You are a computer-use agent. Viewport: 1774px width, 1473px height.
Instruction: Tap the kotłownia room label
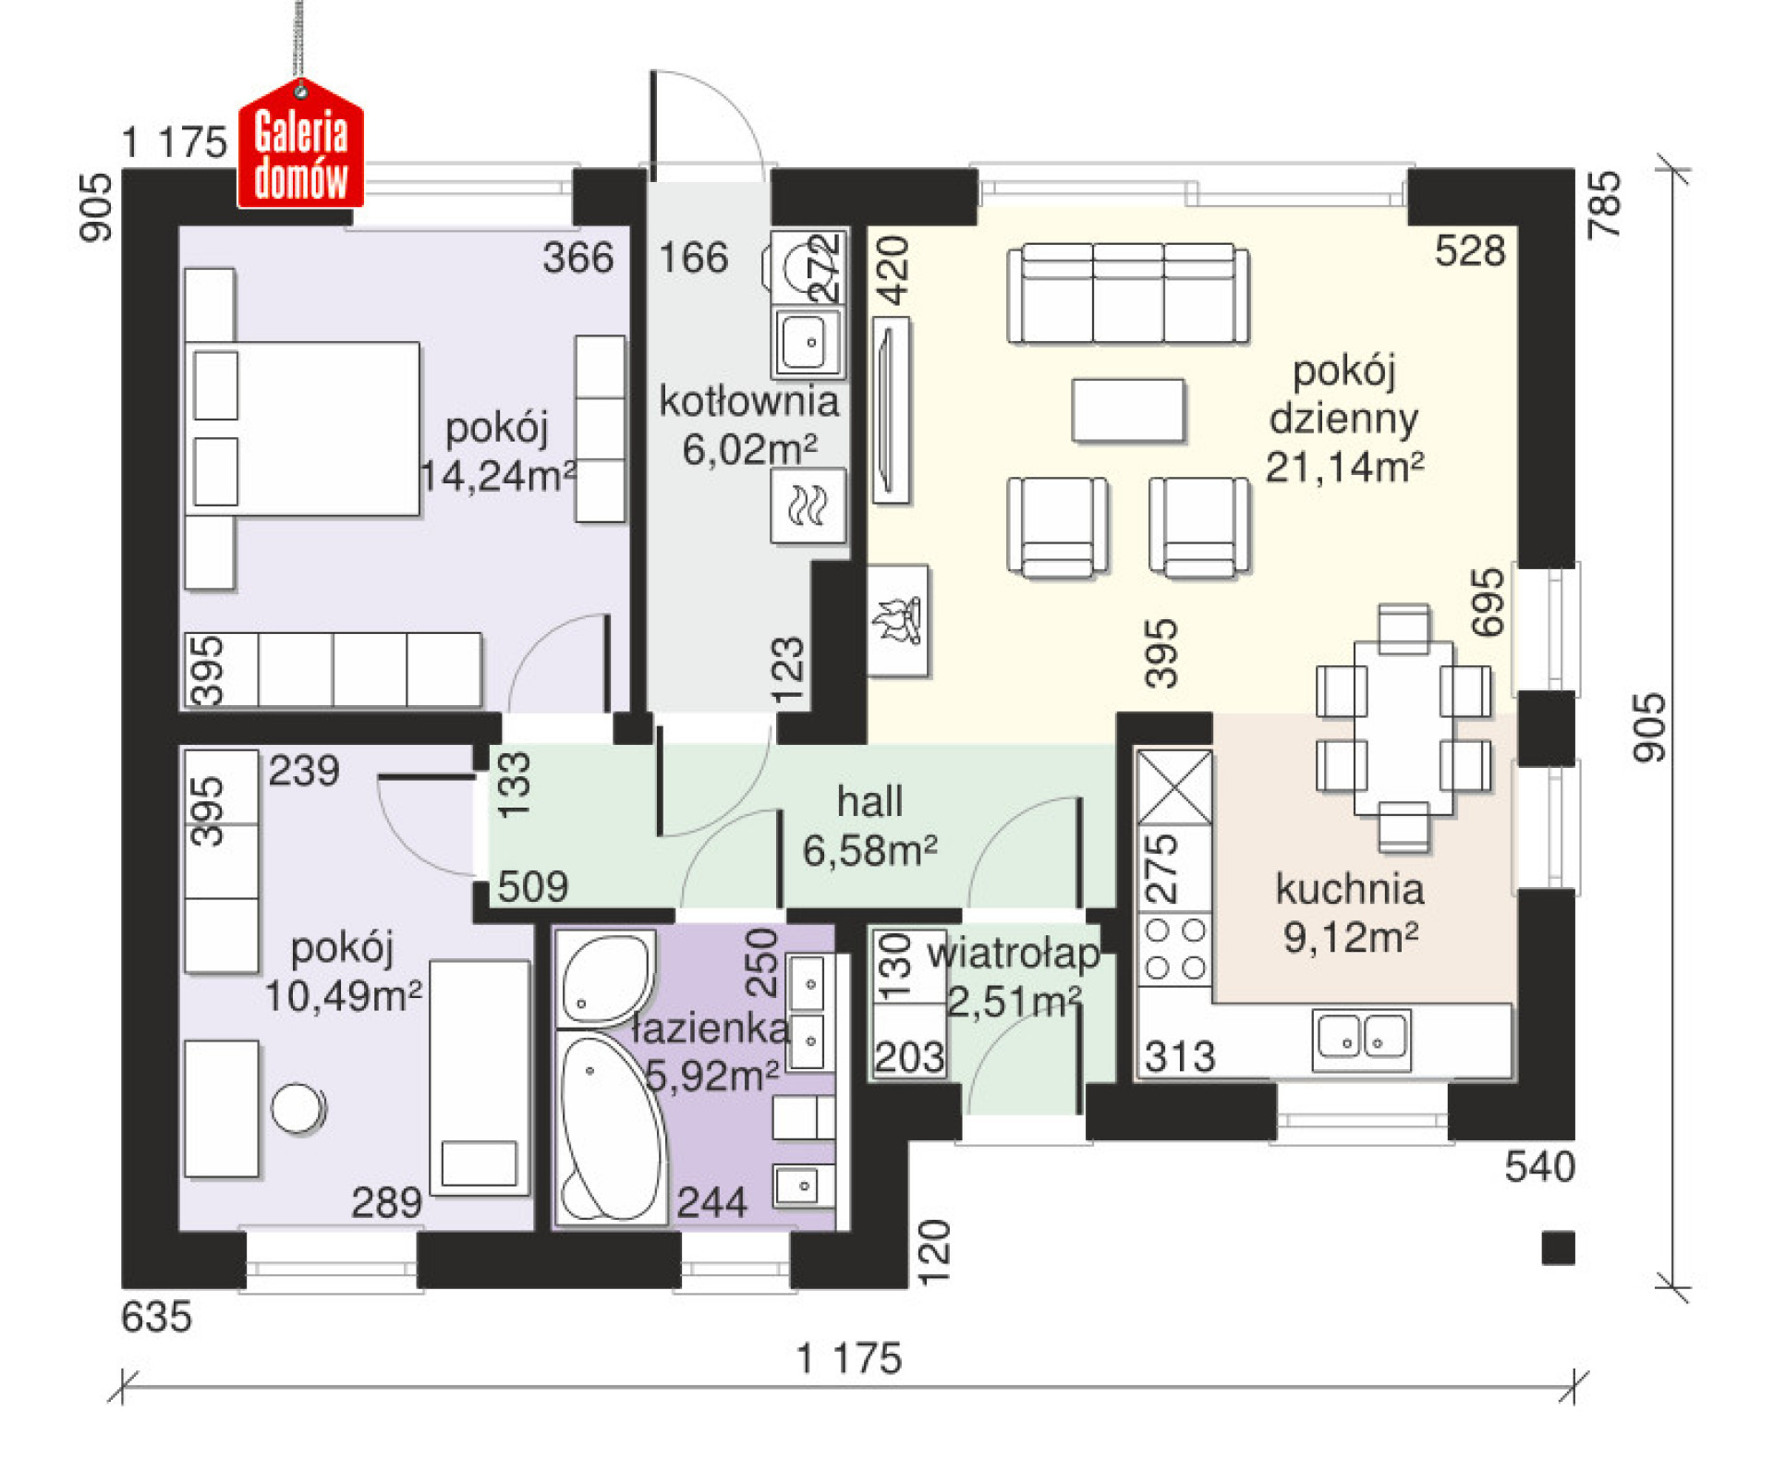tap(748, 401)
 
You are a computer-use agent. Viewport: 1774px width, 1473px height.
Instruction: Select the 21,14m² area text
tap(1344, 467)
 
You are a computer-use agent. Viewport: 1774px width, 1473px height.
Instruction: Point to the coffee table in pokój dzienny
tap(1128, 409)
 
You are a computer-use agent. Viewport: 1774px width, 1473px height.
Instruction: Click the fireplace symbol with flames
tap(897, 620)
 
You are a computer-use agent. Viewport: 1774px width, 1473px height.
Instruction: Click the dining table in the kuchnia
tap(1403, 727)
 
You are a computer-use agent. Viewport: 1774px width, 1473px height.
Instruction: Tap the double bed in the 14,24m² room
tap(302, 429)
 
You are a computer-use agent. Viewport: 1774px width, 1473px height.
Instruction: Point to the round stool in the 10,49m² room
tap(298, 1108)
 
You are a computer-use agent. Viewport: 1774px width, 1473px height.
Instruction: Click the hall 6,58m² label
tap(869, 826)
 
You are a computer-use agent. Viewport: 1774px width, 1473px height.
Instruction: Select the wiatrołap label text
tap(1014, 953)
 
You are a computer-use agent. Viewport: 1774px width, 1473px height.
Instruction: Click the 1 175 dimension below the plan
tap(848, 1358)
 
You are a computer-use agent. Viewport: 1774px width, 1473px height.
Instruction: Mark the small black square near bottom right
tap(1558, 1248)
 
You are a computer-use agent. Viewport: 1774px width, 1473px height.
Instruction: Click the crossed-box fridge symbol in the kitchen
tap(1174, 786)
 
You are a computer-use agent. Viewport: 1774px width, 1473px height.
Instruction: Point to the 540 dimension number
tap(1539, 1167)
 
